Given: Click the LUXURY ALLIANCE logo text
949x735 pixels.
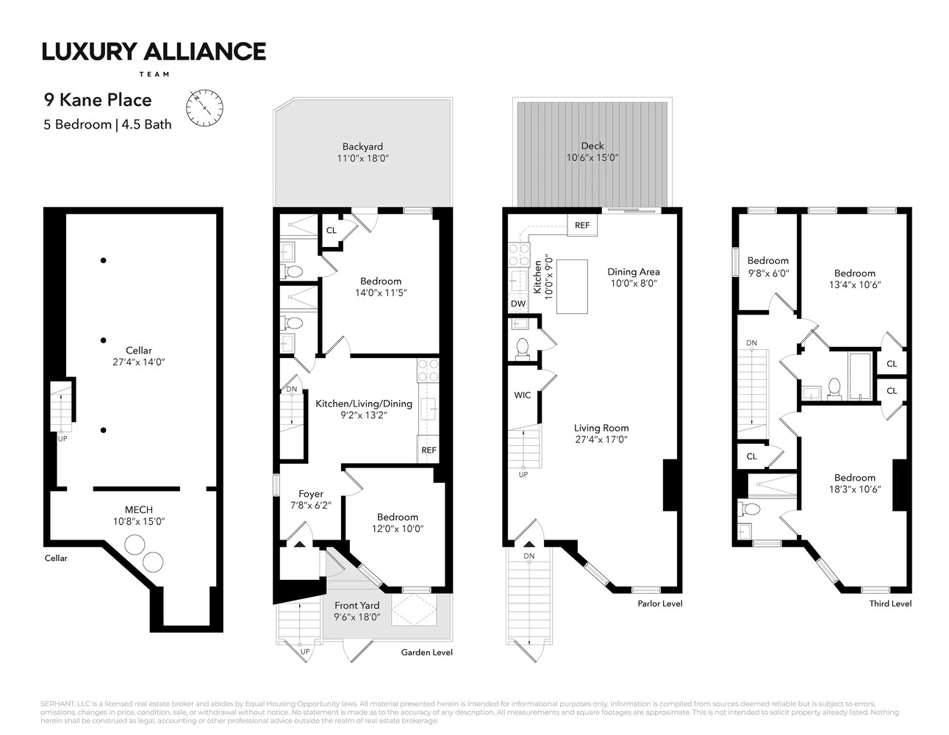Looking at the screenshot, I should (154, 51).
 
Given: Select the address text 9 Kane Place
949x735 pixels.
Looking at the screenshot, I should (97, 100).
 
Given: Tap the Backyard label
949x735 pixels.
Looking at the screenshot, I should (362, 146).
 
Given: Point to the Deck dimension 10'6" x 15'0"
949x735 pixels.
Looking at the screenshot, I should (592, 158).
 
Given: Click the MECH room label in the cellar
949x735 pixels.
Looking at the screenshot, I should (138, 509).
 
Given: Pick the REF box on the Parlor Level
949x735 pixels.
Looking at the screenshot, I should (582, 225).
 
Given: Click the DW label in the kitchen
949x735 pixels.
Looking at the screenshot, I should (518, 304).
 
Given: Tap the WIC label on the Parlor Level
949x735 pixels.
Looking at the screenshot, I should (522, 395).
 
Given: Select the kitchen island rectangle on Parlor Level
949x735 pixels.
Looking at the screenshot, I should (572, 287).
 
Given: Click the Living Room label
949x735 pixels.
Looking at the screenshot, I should (601, 428).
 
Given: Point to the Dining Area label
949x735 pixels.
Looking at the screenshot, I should (633, 271).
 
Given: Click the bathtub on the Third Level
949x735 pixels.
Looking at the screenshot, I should (860, 376).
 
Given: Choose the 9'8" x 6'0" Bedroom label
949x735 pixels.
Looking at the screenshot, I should (767, 260).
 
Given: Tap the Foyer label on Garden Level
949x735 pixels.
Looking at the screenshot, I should (311, 494).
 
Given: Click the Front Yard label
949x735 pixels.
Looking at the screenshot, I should (357, 606).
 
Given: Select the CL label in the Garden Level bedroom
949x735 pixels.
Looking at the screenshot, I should (332, 230).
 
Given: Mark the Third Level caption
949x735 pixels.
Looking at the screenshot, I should (890, 603).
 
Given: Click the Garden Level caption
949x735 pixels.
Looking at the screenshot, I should (427, 652).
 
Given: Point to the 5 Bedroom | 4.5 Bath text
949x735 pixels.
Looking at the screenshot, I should (107, 124).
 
